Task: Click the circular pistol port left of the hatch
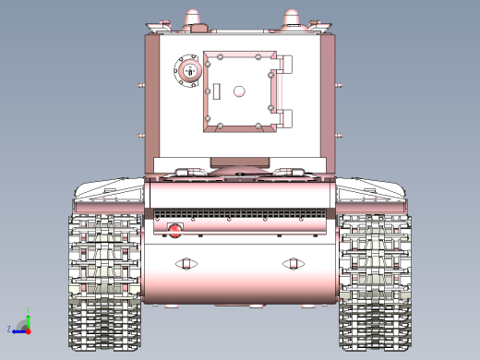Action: [189, 72]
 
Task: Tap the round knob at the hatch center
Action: [239, 91]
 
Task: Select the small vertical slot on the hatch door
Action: [220, 91]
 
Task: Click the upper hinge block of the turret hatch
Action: [283, 66]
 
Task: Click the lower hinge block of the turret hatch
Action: [283, 118]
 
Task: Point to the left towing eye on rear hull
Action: [184, 265]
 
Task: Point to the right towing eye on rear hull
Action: [294, 265]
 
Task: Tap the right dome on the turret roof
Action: [292, 18]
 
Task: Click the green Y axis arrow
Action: [28, 318]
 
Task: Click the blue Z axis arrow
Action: [18, 330]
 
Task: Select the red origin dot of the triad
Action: [29, 330]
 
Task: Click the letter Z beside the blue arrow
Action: [9, 329]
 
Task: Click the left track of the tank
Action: [103, 282]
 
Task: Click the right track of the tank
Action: [373, 282]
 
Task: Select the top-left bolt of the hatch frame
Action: [208, 55]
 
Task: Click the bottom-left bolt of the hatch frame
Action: [208, 120]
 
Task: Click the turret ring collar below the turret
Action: [239, 163]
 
